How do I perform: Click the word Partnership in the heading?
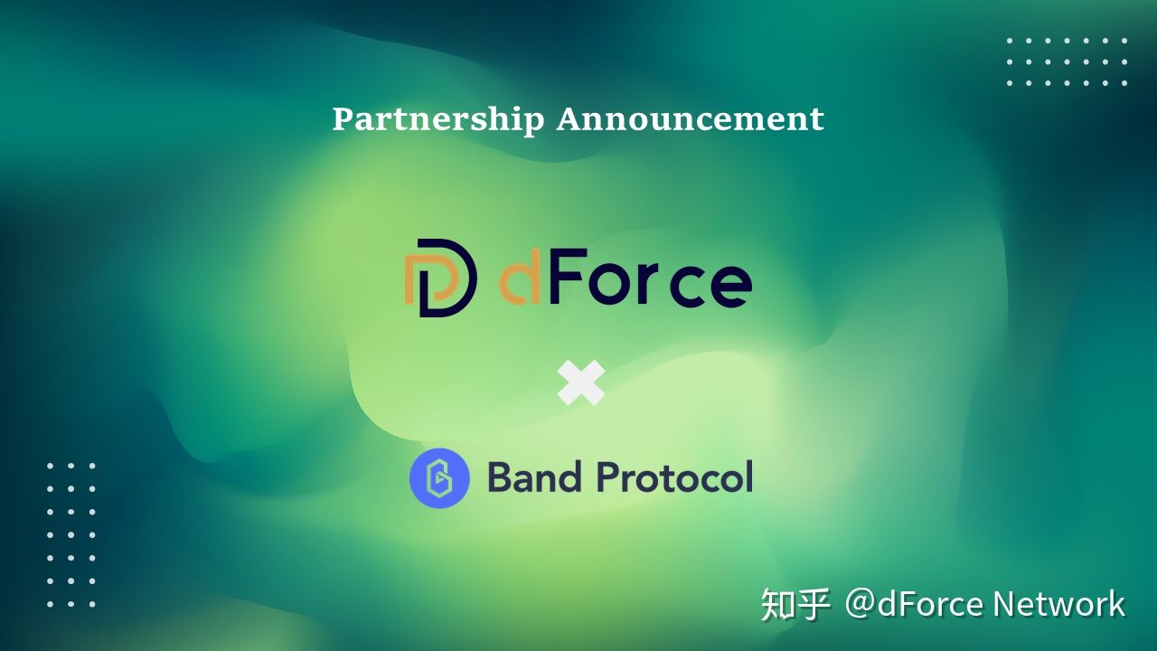tap(438, 120)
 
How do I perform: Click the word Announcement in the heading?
tap(690, 118)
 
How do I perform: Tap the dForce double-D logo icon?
tap(440, 278)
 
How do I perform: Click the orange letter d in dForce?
tap(520, 277)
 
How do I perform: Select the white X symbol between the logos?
tap(581, 382)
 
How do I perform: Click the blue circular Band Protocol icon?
tap(439, 478)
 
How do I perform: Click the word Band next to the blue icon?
tap(534, 476)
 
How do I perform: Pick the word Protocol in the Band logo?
tap(674, 476)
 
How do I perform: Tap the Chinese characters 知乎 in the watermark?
tap(795, 604)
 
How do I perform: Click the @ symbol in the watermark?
tap(860, 604)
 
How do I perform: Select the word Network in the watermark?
tap(1058, 604)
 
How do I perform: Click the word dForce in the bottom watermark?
tap(930, 604)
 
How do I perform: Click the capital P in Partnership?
tap(344, 118)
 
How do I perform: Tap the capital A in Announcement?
tap(570, 118)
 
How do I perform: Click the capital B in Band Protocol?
tap(501, 476)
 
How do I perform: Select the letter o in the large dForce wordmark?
tap(609, 285)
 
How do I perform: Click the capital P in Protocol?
tap(609, 476)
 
